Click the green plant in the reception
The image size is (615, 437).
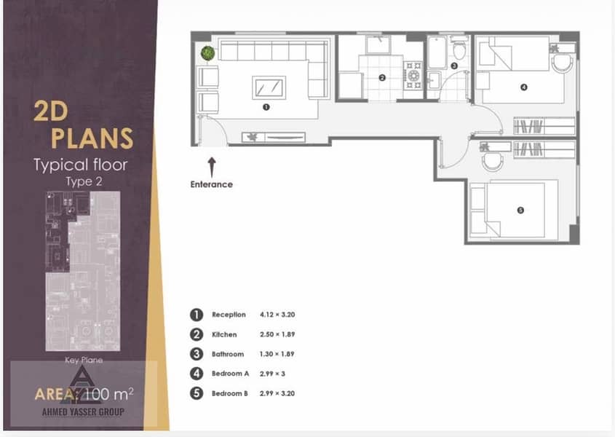(x=208, y=53)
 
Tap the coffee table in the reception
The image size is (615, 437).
(x=269, y=87)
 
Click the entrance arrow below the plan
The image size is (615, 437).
(x=212, y=168)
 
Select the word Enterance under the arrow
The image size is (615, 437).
(x=211, y=184)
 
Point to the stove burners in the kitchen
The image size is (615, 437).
(x=413, y=75)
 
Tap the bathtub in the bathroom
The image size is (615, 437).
(x=437, y=52)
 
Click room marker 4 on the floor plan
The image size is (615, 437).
(x=523, y=87)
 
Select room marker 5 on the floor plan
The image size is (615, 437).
(x=520, y=210)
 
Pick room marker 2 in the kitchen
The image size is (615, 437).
(x=382, y=78)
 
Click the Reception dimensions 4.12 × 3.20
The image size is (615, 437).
(x=277, y=315)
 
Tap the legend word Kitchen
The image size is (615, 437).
(x=224, y=334)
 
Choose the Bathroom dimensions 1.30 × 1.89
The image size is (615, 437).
(x=277, y=354)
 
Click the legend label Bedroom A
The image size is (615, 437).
(x=230, y=374)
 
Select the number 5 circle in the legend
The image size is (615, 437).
(x=197, y=393)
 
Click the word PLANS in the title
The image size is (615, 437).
(x=92, y=138)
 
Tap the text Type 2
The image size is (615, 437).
(x=84, y=181)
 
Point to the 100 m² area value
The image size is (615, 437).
(x=109, y=394)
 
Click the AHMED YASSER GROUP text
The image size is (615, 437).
(x=83, y=412)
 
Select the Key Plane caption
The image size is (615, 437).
(x=84, y=360)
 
